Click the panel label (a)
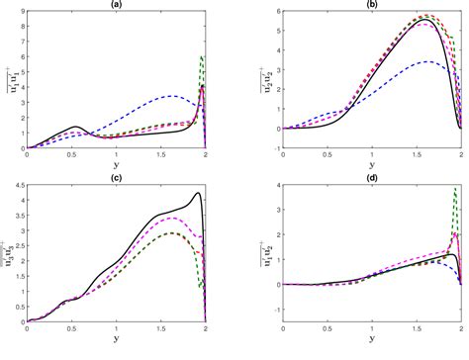pyautogui.click(x=116, y=5)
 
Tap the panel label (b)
pyautogui.click(x=372, y=5)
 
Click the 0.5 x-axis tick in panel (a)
pyautogui.click(x=71, y=155)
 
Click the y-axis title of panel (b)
pyautogui.click(x=263, y=71)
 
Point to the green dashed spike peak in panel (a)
pyautogui.click(x=202, y=56)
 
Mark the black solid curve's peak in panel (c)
pyautogui.click(x=200, y=193)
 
